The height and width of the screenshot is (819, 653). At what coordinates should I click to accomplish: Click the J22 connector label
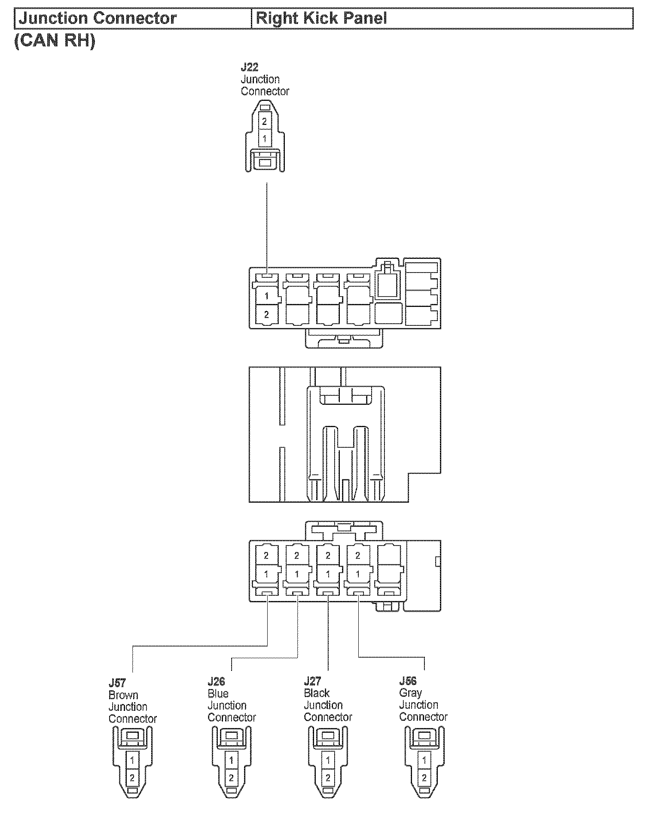pos(249,67)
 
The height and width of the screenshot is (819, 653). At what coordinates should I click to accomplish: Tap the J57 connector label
pos(117,682)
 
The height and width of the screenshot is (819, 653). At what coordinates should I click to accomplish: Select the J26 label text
pos(216,682)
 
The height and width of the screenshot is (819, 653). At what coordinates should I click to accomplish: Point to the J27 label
pos(312,681)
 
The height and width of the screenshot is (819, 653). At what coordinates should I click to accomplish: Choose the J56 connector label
pos(408,681)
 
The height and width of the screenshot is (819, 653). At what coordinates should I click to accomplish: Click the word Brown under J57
pos(123,695)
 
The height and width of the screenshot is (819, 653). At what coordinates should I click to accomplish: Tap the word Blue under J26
pos(218,694)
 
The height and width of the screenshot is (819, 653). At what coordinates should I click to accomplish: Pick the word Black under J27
pos(317,693)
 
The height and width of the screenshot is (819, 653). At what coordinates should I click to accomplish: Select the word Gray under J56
pos(410,693)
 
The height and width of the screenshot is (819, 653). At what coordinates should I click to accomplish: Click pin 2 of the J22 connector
pos(265,122)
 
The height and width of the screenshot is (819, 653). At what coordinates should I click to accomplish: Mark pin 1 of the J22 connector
pos(265,139)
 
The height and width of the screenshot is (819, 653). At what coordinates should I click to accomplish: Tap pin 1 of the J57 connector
pos(132,760)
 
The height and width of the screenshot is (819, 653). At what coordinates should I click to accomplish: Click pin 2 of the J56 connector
pos(424,777)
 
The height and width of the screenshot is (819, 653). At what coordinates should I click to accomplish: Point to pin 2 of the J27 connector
pos(328,777)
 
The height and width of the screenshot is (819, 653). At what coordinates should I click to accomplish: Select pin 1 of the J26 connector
pos(232,760)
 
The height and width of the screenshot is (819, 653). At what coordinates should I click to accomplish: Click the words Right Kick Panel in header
pos(321,18)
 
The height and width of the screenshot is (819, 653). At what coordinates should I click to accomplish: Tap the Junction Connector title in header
pos(98,18)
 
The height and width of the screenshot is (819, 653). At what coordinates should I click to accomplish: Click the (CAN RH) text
pos(55,41)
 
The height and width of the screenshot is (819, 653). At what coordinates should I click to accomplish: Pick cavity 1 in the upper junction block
pos(266,296)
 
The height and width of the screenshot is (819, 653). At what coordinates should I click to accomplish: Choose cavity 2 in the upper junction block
pos(266,315)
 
